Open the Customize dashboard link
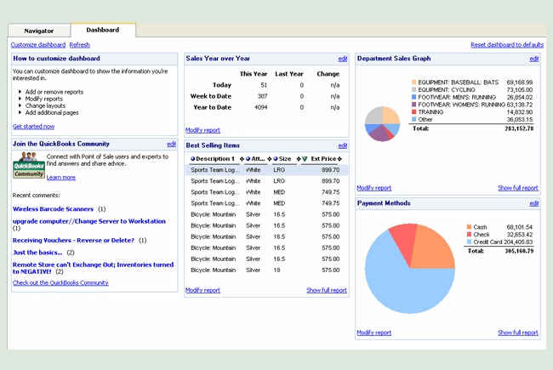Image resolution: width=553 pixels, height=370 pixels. click(x=37, y=44)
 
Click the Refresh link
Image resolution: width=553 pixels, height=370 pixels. click(x=79, y=44)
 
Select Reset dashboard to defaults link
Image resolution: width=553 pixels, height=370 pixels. click(x=507, y=44)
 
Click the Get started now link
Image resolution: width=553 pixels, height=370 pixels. click(x=34, y=126)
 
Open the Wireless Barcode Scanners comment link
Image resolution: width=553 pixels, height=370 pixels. click(x=54, y=208)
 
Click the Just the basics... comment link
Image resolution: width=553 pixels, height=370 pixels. click(x=37, y=252)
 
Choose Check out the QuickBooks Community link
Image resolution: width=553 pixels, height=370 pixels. click(x=60, y=282)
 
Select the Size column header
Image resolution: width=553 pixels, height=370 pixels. click(x=283, y=158)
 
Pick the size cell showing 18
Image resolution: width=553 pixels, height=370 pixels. click(x=276, y=270)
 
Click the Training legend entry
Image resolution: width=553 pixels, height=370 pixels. click(x=431, y=112)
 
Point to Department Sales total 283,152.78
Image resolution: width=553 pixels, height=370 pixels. click(x=517, y=128)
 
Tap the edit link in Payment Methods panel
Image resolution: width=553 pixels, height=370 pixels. click(x=534, y=203)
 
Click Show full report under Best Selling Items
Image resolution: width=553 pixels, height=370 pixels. click(x=327, y=290)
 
